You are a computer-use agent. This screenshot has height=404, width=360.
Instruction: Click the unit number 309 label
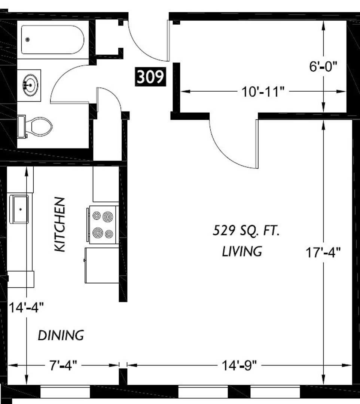coord(150,77)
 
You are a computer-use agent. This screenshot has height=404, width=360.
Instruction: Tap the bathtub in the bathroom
coord(52,39)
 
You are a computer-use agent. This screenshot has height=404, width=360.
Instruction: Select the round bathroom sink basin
coord(30,85)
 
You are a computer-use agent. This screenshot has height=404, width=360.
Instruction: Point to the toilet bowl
coord(41,126)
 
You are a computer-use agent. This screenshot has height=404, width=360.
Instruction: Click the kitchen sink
coord(19,209)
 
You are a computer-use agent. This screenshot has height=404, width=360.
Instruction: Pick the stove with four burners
coord(103,225)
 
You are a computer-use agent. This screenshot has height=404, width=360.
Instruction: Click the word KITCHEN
coord(60,224)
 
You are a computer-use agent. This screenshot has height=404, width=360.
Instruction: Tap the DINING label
coord(61,335)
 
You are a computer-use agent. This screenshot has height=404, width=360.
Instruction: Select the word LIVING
coord(242,251)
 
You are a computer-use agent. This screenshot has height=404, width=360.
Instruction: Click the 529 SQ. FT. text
coord(246,230)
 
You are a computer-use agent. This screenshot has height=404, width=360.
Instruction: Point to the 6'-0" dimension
coord(323,67)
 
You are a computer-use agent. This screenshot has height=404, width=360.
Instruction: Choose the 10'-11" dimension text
coord(263,92)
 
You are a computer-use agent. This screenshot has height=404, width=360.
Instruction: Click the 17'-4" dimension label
coord(323,252)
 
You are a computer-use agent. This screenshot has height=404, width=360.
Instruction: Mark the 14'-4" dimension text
coord(26,307)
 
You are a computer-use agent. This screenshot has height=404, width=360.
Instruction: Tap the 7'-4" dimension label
coord(63,365)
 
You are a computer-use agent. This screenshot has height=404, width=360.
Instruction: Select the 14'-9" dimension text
coord(240,365)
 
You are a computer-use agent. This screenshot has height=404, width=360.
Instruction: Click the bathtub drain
coord(28,39)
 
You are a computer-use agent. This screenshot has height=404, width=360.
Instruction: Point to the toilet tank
coord(21,126)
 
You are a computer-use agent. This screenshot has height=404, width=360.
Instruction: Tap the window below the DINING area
coord(65,392)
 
